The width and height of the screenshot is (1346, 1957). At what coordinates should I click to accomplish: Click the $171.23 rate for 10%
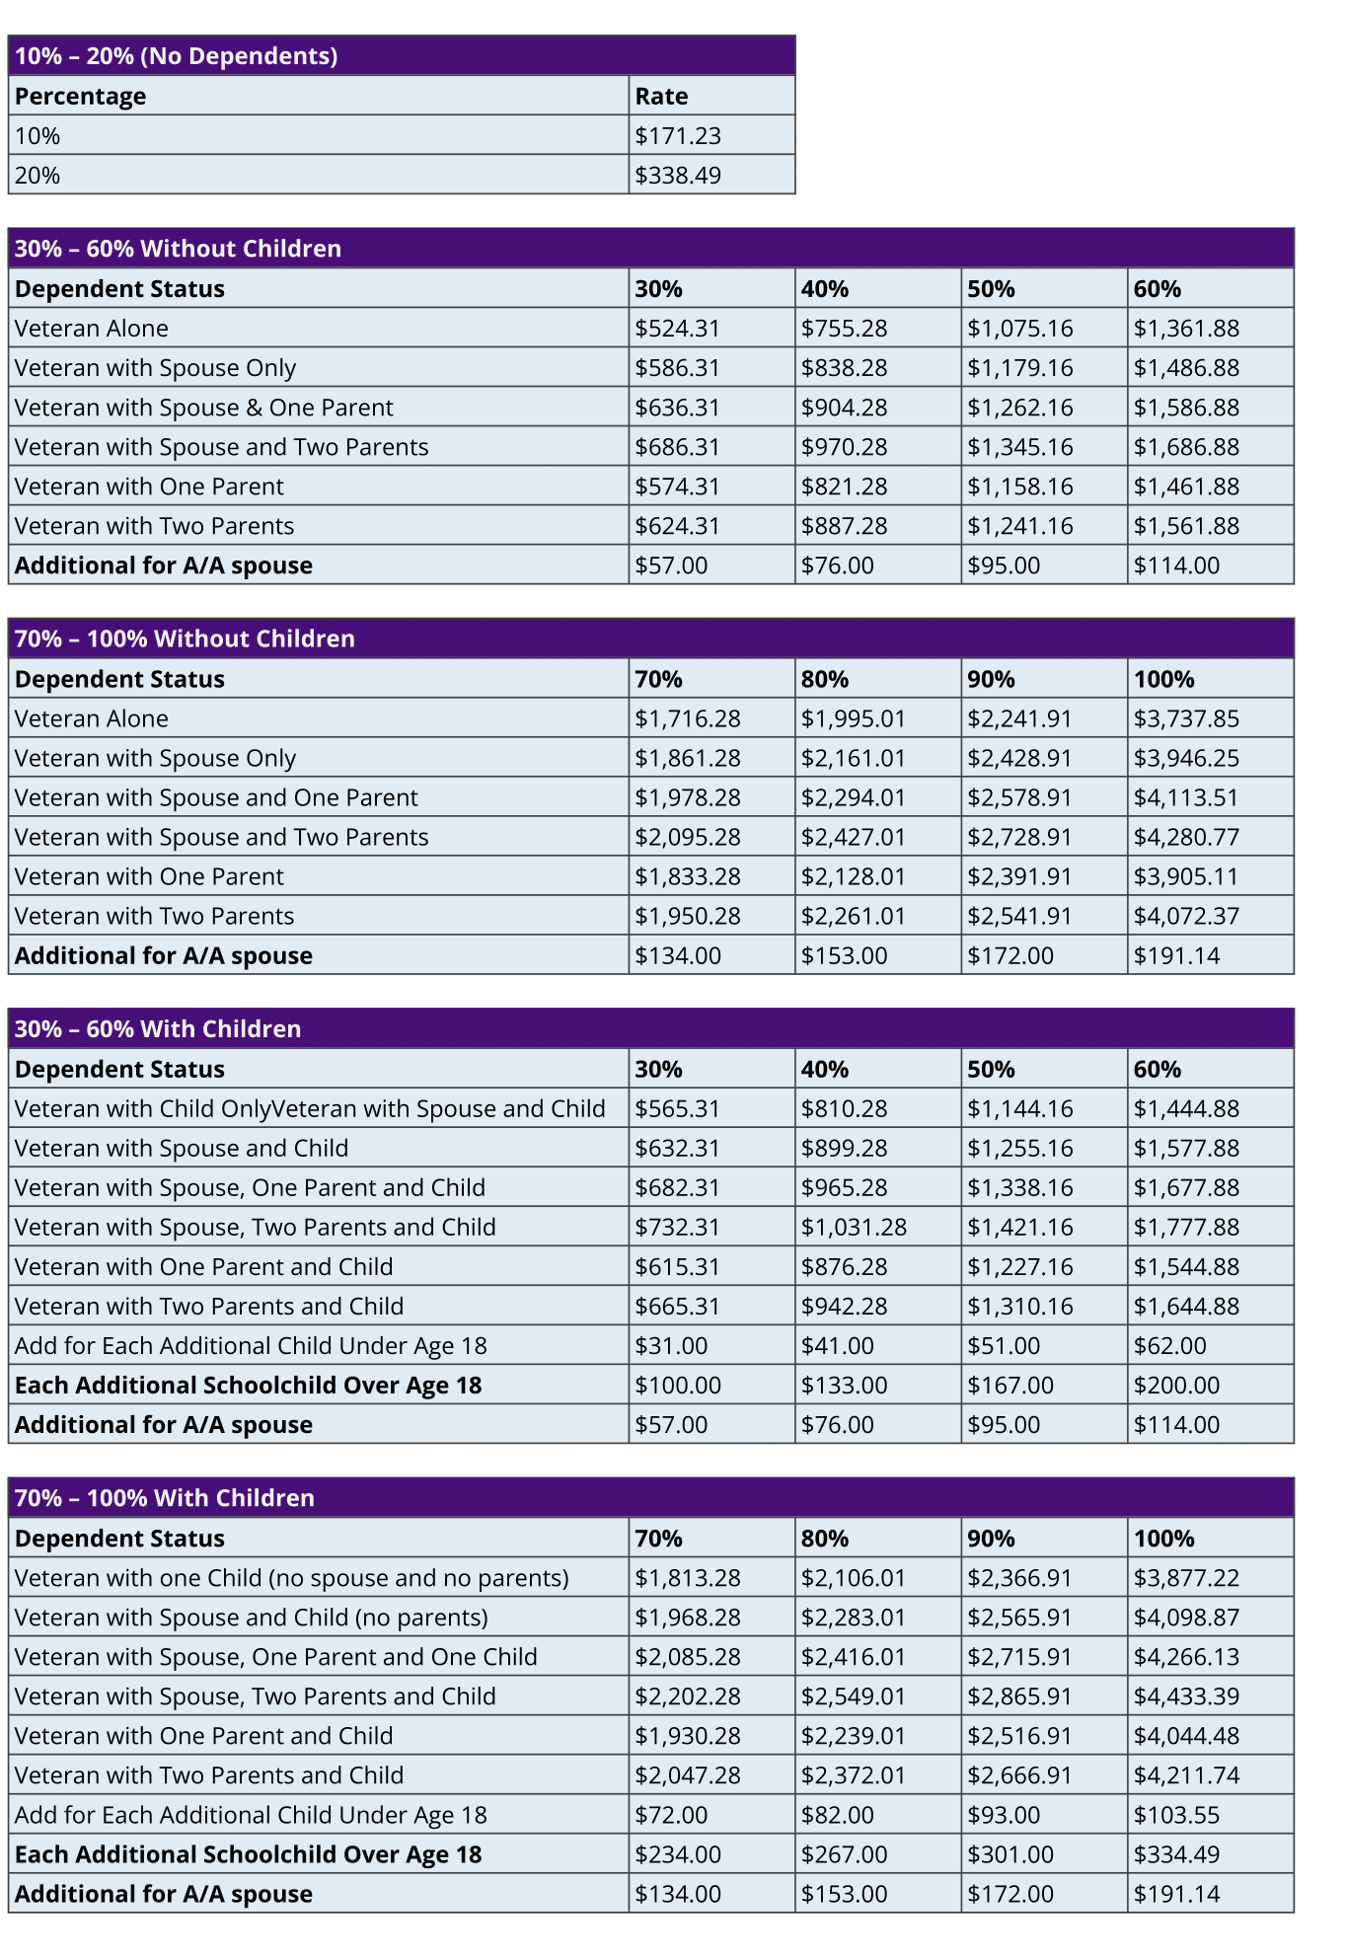pos(678,136)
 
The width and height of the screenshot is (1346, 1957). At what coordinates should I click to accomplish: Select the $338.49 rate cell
pos(678,176)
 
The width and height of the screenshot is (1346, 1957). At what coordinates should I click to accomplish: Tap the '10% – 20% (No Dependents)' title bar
pos(176,56)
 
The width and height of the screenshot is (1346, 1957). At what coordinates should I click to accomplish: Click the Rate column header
pos(661,97)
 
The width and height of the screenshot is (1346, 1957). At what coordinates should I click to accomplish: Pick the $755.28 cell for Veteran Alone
pos(844,329)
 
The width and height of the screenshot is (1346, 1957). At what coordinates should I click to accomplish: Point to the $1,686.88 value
pos(1185,447)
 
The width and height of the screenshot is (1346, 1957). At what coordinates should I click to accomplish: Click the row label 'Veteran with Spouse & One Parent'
pos(203,408)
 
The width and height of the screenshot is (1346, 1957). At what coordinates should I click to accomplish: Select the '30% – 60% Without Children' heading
pos(178,249)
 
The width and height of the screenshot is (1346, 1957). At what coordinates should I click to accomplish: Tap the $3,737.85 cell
pos(1185,718)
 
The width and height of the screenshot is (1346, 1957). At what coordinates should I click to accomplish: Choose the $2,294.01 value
pos(853,797)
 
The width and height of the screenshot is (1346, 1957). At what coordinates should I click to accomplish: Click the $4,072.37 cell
pos(1185,916)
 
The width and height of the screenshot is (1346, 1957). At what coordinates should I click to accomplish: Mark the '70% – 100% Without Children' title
pos(185,639)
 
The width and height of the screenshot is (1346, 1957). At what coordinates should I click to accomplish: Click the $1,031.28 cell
pos(853,1227)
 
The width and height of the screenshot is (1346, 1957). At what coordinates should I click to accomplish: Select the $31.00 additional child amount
pos(671,1345)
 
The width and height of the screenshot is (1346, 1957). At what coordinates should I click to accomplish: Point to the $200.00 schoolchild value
pos(1176,1385)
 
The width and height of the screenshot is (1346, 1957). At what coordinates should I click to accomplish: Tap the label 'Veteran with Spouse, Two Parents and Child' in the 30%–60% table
pos(255,1227)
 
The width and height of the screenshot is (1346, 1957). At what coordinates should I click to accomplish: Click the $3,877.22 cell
pos(1185,1578)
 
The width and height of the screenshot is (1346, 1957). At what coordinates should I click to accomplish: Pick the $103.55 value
pos(1176,1815)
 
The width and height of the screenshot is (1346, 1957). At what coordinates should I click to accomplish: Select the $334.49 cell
pos(1176,1854)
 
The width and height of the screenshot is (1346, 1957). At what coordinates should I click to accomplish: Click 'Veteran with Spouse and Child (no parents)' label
pos(251,1618)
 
